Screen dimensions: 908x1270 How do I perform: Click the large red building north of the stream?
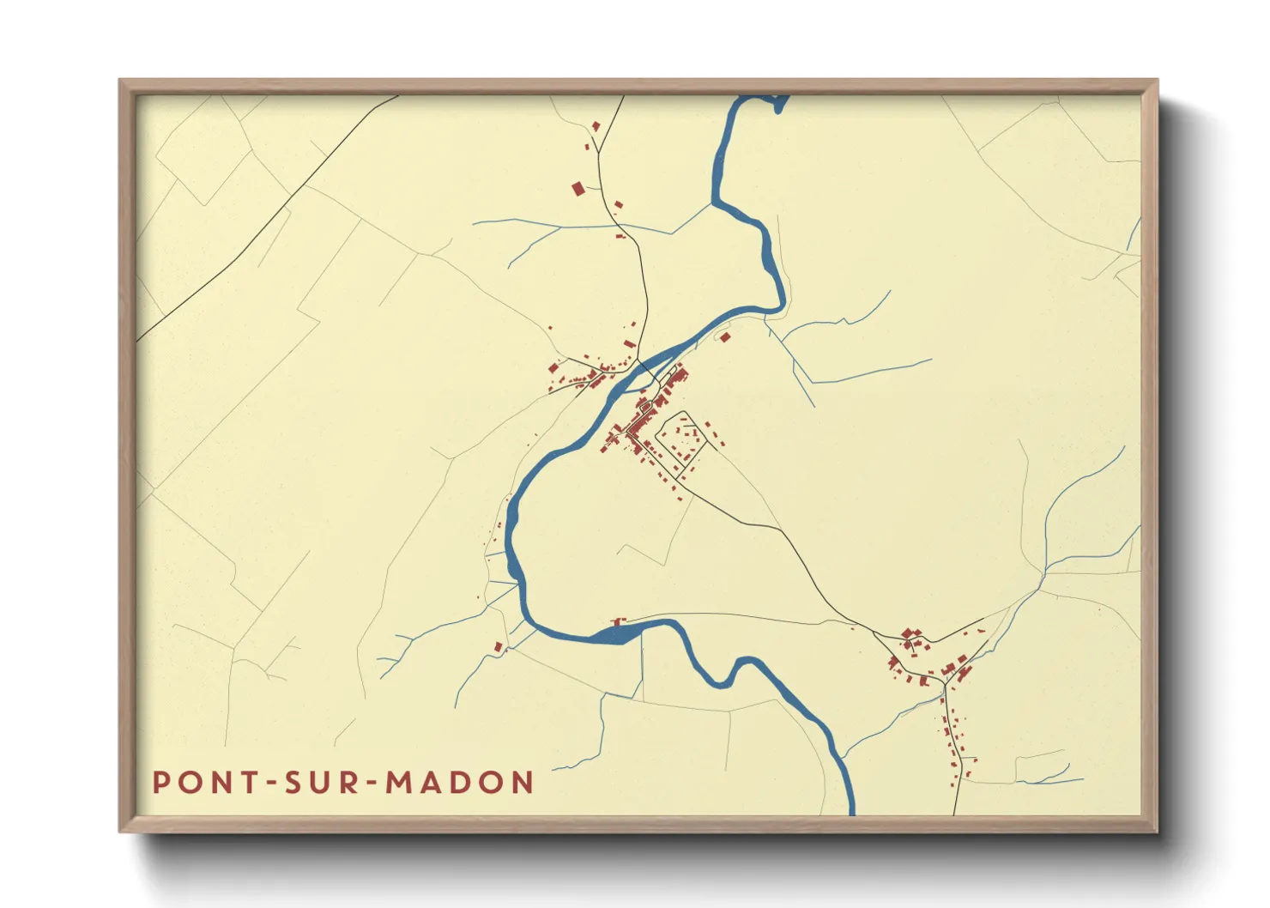point(578,188)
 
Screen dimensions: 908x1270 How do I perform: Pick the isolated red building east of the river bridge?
point(725,337)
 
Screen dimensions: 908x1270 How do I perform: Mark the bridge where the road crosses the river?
point(650,372)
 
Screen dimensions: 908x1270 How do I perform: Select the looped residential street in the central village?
point(680,439)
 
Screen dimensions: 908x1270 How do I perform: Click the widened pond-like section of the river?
point(614,635)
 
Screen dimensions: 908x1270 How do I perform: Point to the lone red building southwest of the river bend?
point(498,646)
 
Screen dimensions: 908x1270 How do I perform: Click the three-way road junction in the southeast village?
point(943,682)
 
